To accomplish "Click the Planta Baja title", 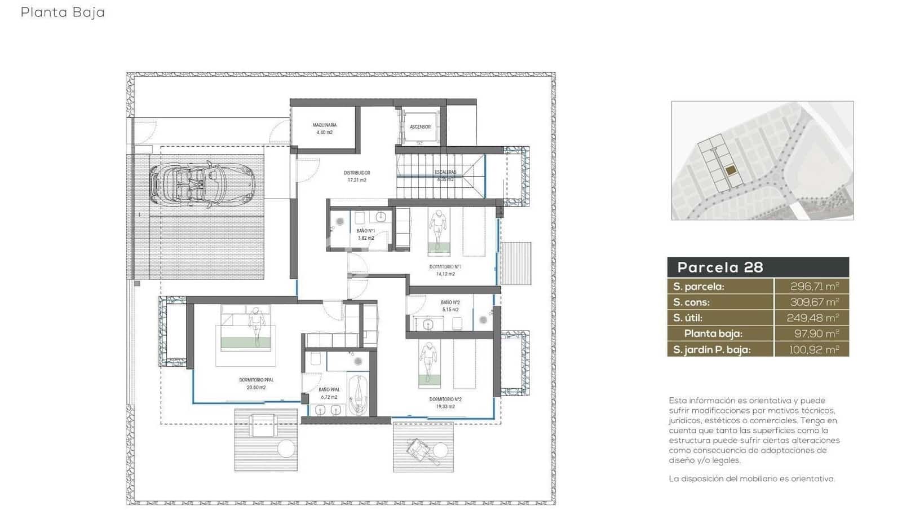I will (63, 12).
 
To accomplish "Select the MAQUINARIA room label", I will (325, 129).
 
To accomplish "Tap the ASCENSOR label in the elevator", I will (420, 127).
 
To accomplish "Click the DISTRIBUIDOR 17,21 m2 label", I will (357, 177).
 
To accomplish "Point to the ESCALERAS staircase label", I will (445, 175).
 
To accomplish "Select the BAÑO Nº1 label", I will (366, 234).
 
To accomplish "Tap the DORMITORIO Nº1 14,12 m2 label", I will (445, 270).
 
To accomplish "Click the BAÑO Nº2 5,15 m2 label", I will (450, 306).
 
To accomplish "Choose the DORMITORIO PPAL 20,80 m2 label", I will (256, 384).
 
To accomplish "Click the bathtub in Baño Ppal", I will (357, 394).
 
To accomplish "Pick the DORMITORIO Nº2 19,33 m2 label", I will (445, 402).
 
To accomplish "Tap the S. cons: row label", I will (691, 302).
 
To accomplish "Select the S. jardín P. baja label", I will (711, 350).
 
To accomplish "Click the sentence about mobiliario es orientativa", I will (751, 478).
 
